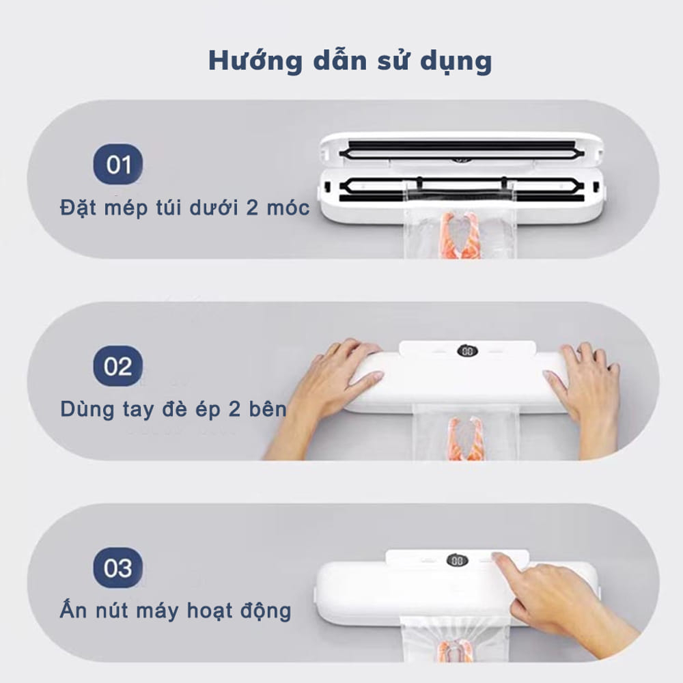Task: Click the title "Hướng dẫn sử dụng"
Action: click(x=350, y=61)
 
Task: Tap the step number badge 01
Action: click(x=118, y=165)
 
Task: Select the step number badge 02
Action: click(x=118, y=367)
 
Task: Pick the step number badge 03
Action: click(x=118, y=568)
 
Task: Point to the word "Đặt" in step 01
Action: click(x=76, y=208)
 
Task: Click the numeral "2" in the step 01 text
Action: click(x=253, y=208)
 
